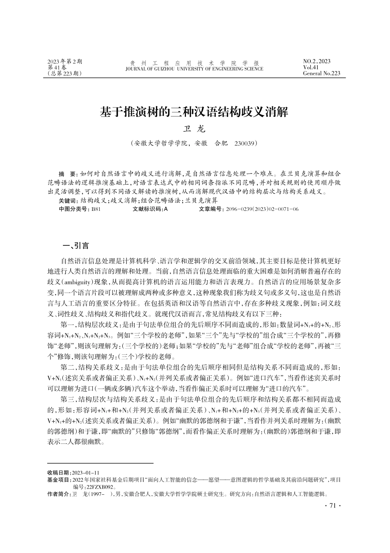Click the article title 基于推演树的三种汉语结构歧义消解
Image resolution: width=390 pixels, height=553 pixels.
195,112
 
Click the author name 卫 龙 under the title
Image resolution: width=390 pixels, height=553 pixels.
194,129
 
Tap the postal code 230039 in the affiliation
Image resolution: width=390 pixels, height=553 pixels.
245,144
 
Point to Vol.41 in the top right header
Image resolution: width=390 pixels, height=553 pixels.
311,67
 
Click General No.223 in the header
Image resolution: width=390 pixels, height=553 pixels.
321,73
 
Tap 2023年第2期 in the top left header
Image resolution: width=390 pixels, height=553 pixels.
65,62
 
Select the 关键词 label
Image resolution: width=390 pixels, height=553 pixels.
68,201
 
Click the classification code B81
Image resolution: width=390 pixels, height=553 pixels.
96,209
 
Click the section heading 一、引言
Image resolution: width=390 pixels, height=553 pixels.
75,246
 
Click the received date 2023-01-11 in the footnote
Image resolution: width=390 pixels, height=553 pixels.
85,473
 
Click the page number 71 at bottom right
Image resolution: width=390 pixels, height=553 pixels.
332,506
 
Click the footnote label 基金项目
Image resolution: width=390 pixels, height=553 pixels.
59,480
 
